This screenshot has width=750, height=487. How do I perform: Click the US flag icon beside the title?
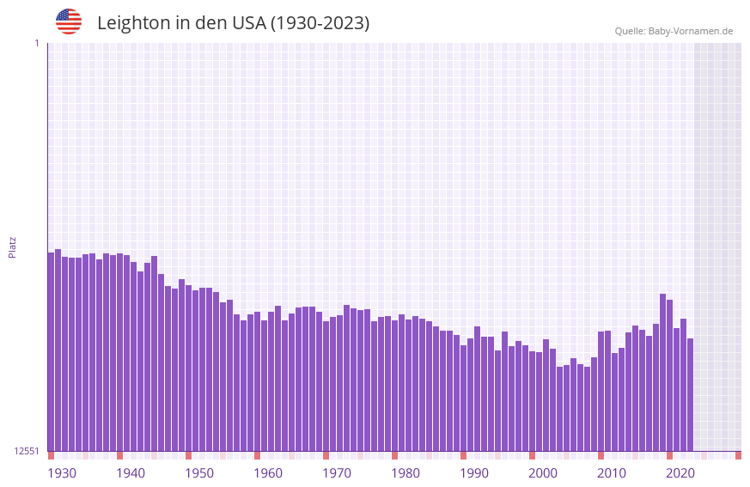69,21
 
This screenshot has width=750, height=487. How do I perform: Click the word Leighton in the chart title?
133,23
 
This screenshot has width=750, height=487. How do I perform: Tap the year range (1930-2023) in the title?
320,23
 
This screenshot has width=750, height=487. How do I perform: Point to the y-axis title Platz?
12,247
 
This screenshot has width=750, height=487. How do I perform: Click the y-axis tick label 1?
36,43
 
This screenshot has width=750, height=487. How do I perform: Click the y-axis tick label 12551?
27,451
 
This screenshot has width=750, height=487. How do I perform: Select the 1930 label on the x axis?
62,473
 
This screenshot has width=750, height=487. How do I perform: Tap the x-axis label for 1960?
268,473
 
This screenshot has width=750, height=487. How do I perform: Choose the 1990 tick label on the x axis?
474,473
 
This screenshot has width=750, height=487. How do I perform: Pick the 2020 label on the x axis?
680,473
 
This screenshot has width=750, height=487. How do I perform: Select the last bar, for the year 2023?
690,394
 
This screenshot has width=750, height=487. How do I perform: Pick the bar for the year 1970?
326,386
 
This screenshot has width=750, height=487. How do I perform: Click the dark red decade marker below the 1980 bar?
394,455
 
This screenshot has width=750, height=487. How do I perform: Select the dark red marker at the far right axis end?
738,455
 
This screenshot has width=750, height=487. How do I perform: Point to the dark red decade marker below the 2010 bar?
601,455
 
